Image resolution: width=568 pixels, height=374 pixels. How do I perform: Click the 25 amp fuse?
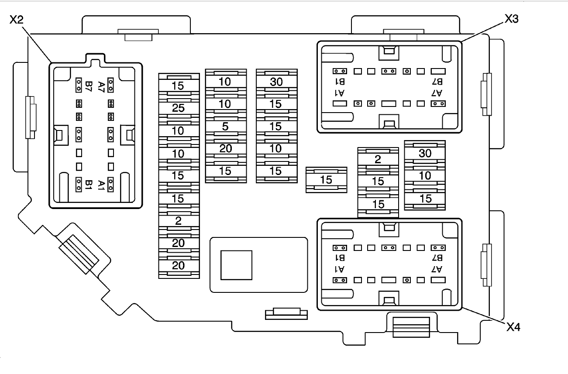[178, 108]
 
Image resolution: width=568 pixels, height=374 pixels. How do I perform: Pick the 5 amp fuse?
[225, 126]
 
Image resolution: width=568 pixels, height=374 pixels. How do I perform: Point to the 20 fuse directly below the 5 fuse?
[225, 148]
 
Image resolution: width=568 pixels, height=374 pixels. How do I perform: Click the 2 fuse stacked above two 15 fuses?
[378, 159]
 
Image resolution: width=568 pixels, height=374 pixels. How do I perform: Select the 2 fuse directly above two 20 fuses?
[178, 220]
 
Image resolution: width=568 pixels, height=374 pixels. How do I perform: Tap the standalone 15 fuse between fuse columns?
[326, 179]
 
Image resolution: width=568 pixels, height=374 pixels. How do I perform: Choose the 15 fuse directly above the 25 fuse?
[178, 86]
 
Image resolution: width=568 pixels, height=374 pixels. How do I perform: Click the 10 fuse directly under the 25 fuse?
[178, 130]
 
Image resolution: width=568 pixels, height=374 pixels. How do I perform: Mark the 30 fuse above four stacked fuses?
[276, 82]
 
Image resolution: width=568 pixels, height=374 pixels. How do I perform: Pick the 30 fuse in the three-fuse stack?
[425, 153]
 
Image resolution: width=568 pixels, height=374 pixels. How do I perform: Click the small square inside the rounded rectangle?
[236, 265]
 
